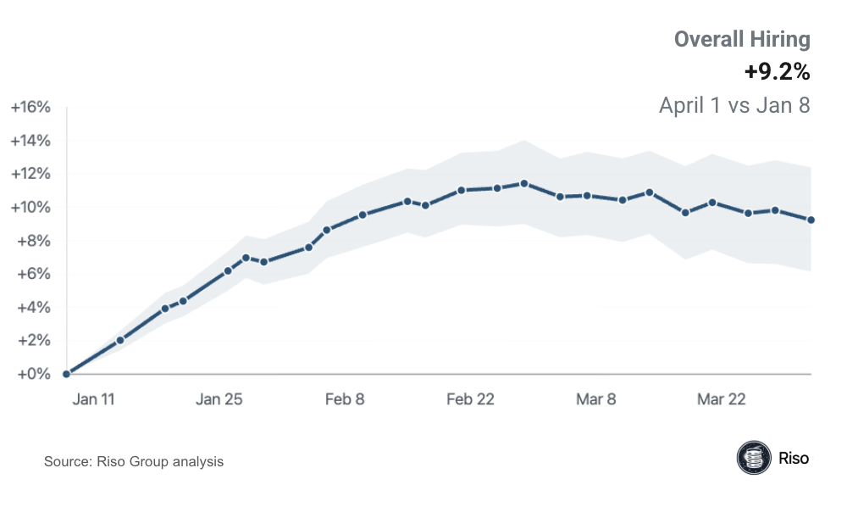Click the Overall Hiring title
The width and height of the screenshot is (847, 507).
[x=742, y=39]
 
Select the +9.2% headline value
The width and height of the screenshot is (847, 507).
[x=777, y=73]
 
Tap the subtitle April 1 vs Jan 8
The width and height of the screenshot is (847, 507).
[x=734, y=106]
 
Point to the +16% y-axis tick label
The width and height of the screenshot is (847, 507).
[x=31, y=108]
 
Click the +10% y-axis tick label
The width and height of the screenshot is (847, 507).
[x=31, y=208]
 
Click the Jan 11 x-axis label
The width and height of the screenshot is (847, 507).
[x=94, y=399]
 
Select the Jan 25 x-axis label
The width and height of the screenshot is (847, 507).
[x=219, y=399]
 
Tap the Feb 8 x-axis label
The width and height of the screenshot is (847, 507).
[x=345, y=399]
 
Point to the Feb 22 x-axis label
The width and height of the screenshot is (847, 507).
[x=470, y=399]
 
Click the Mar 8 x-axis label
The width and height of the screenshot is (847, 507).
[x=595, y=399]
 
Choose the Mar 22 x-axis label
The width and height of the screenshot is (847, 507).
[x=721, y=399]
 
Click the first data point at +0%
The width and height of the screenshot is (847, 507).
[x=66, y=373]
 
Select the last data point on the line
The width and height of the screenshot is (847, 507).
[x=811, y=220]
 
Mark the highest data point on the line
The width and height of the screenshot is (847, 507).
[x=524, y=183]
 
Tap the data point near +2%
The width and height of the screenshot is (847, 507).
[x=120, y=340]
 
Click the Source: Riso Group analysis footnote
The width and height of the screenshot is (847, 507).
[x=134, y=462]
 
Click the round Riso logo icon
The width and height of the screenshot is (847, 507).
[x=753, y=458]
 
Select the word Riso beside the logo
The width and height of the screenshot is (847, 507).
[x=794, y=459]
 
